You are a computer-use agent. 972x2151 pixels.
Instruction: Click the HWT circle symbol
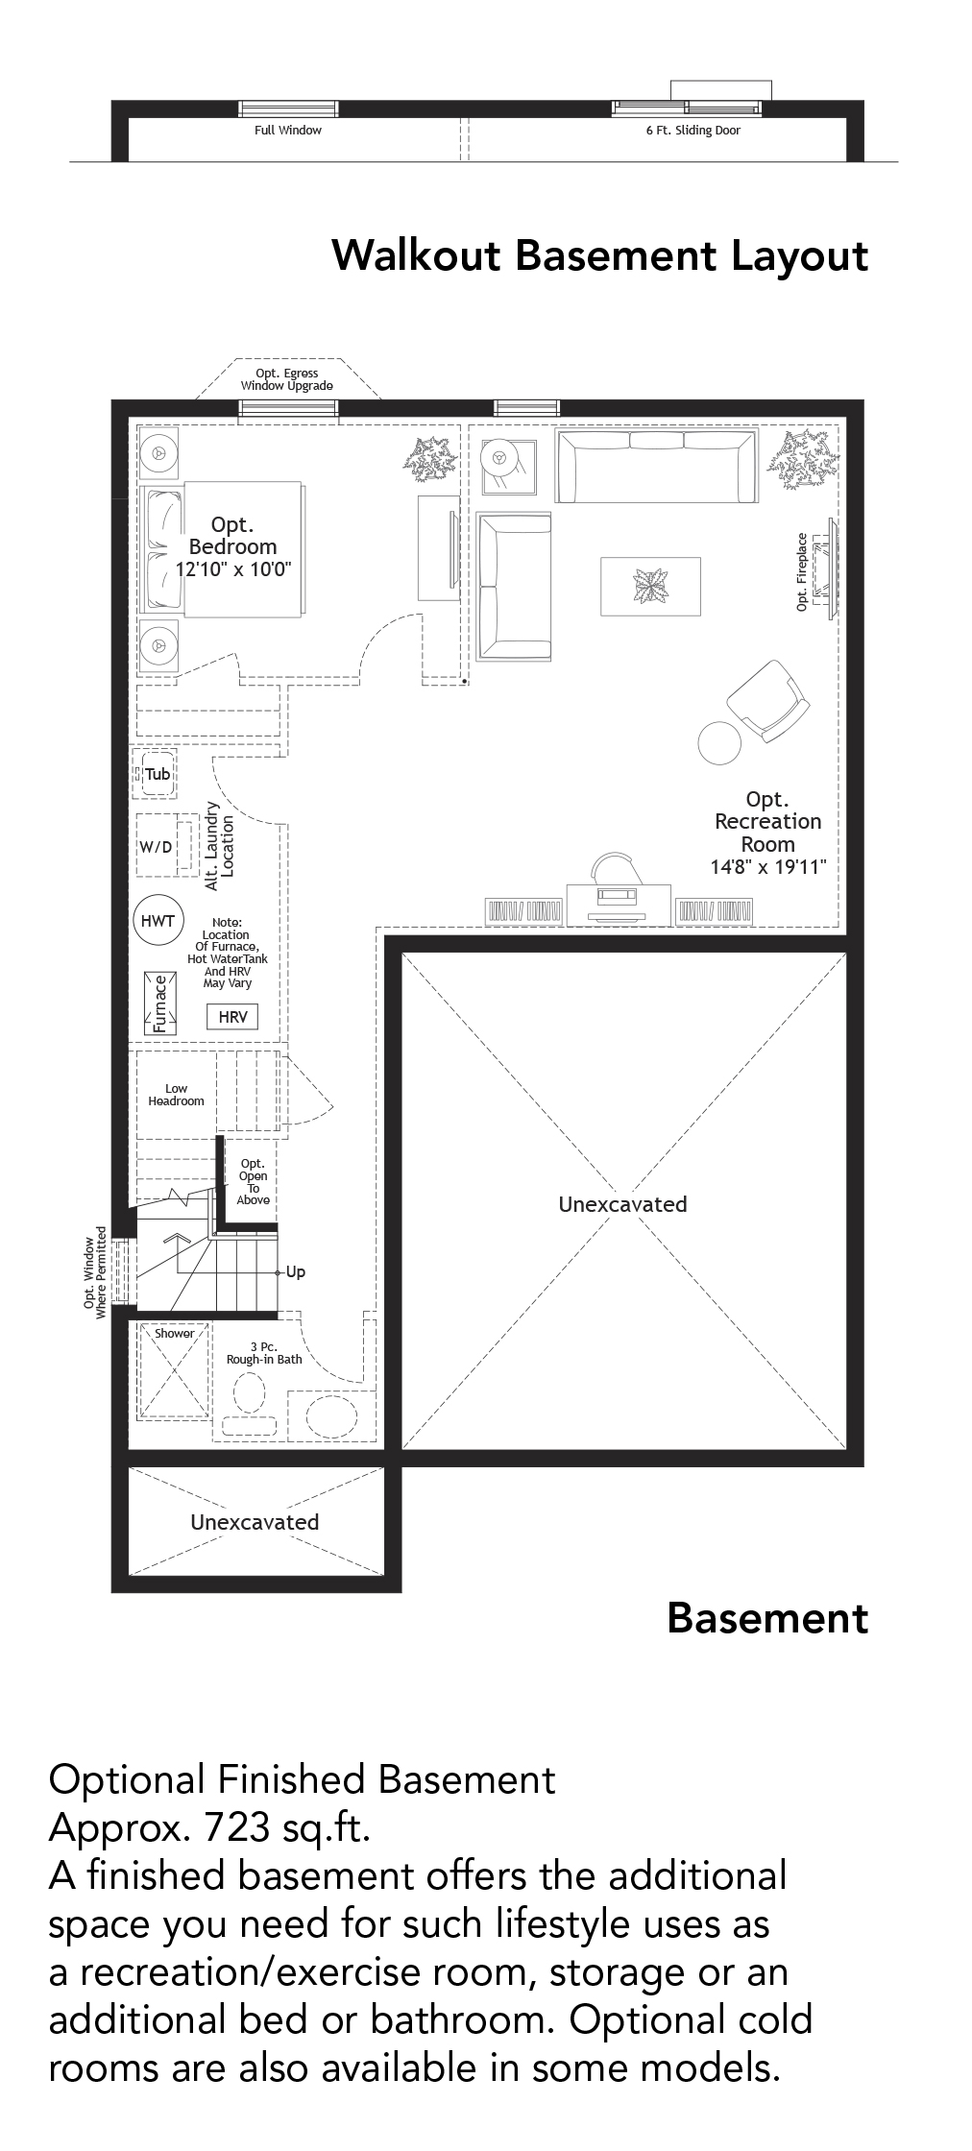(158, 921)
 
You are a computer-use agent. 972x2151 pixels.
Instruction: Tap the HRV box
(232, 1017)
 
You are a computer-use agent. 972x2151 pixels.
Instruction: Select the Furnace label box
(159, 1003)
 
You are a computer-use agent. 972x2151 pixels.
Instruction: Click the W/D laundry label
(157, 847)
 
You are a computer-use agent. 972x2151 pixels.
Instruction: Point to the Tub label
(158, 774)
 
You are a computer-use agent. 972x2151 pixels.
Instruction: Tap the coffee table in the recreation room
(650, 586)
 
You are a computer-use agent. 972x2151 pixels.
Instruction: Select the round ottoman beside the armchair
(718, 742)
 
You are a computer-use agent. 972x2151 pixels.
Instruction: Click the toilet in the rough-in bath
(250, 1392)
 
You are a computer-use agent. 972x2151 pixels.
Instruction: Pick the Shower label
(174, 1334)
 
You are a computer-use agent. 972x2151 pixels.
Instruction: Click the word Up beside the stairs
(296, 1272)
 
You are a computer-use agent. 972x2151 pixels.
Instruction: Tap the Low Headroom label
(176, 1096)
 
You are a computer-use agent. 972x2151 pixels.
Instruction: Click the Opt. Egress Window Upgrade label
(286, 379)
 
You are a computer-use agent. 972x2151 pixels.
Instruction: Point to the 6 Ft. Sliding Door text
(693, 131)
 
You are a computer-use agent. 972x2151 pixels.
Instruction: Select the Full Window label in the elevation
(287, 131)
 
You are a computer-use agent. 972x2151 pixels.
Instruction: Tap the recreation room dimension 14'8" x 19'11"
(767, 867)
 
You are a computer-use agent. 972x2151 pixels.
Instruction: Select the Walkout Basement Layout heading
(599, 256)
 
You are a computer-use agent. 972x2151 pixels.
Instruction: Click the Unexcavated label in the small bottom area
(255, 1522)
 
